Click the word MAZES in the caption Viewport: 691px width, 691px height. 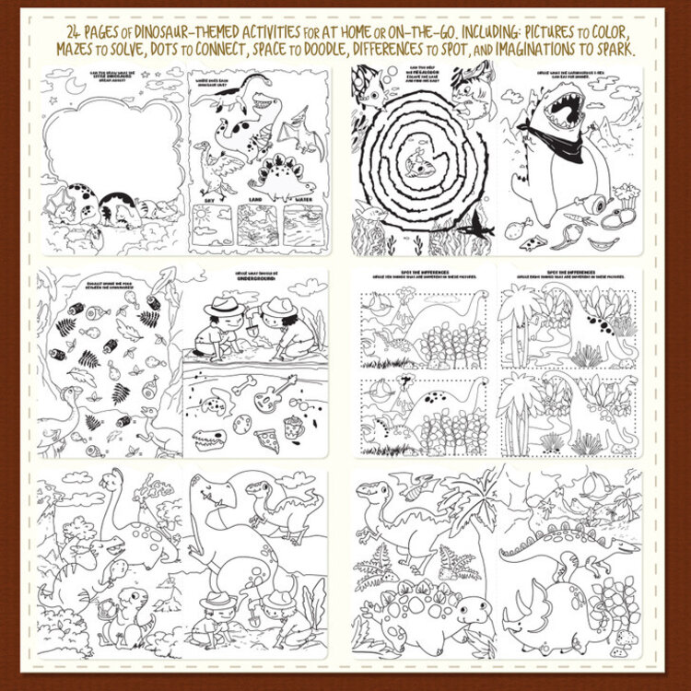tap(78, 49)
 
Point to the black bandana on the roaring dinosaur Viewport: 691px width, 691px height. tap(554, 143)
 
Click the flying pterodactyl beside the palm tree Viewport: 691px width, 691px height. tap(406, 480)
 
